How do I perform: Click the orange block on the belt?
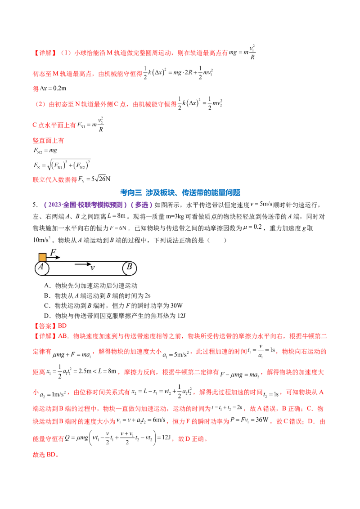pyautogui.click(x=42, y=257)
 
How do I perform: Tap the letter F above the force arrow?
pyautogui.click(x=53, y=253)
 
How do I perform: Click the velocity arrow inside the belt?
pyautogui.click(x=82, y=264)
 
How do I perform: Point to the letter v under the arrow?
pyautogui.click(x=92, y=268)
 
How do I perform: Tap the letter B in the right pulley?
pyautogui.click(x=130, y=267)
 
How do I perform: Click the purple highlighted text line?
pyautogui.click(x=99, y=205)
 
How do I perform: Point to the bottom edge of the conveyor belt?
pyautogui.click(x=85, y=275)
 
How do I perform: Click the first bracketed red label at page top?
pyautogui.click(x=45, y=53)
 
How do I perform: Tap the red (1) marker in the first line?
pyautogui.click(x=66, y=53)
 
